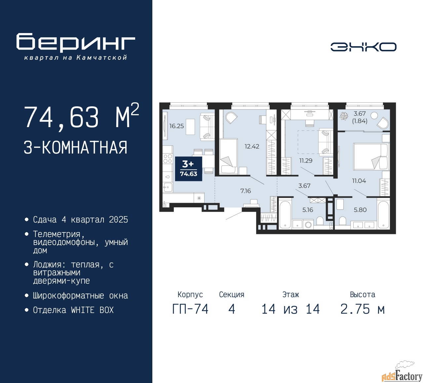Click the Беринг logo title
[76, 42]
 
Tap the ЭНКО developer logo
[363, 47]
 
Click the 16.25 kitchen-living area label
[176, 126]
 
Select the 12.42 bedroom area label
[252, 146]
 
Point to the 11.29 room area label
[306, 160]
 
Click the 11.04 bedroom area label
[359, 181]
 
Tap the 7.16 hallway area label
[246, 191]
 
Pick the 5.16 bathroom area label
[308, 210]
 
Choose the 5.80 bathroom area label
[360, 210]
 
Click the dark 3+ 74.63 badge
[188, 169]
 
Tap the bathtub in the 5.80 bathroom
[383, 215]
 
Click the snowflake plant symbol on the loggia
[344, 116]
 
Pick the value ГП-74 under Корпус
[190, 309]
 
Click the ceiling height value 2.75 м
[363, 309]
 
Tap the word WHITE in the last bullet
[83, 310]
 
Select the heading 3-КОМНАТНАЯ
[75, 148]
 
